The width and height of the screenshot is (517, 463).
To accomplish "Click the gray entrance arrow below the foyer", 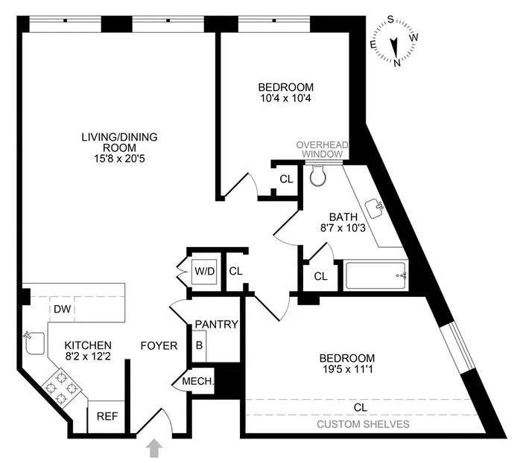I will [155, 448].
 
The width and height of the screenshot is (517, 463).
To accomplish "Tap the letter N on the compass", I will [397, 63].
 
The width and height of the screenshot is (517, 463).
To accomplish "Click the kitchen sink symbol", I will [33, 343].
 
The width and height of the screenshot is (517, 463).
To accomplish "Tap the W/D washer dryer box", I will [204, 271].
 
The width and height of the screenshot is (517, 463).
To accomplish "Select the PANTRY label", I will [216, 325].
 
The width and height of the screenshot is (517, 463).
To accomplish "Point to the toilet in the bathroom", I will [317, 176].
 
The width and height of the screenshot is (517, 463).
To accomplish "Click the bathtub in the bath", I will [376, 276].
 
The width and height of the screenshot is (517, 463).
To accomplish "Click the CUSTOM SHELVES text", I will [364, 424].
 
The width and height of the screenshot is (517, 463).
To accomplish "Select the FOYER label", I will [159, 346].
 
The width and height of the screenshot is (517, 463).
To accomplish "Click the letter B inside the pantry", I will [199, 345].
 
